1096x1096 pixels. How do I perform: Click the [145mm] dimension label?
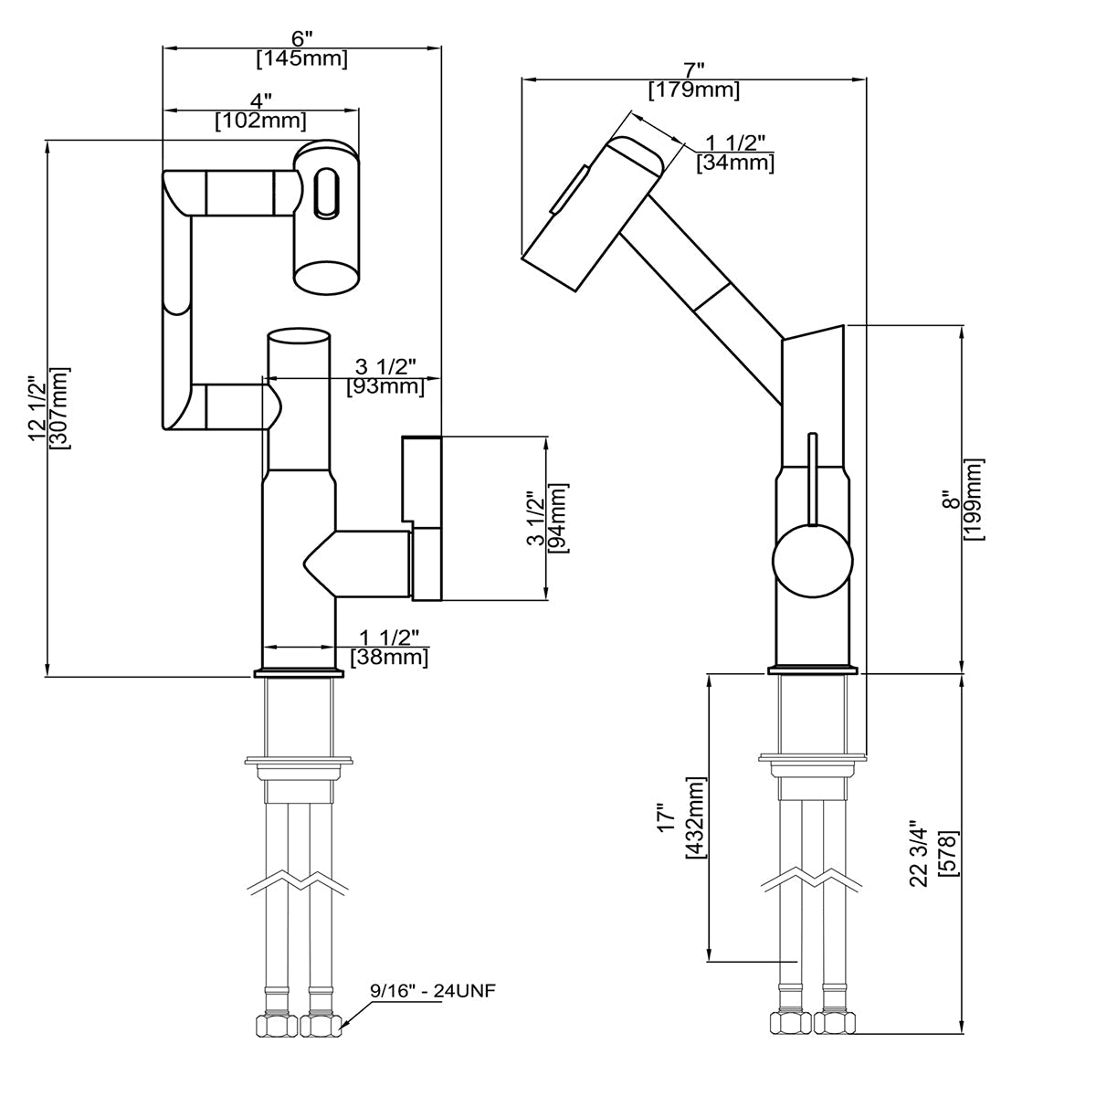(x=301, y=59)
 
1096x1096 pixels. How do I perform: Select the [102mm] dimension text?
(x=260, y=121)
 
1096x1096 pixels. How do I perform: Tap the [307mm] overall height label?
(x=61, y=407)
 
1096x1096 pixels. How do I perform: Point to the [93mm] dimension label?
(x=385, y=386)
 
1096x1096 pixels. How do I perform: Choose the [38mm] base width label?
(x=389, y=656)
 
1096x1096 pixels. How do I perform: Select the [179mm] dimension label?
(x=694, y=90)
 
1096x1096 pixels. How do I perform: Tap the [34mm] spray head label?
(x=735, y=163)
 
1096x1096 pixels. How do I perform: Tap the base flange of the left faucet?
(x=299, y=674)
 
